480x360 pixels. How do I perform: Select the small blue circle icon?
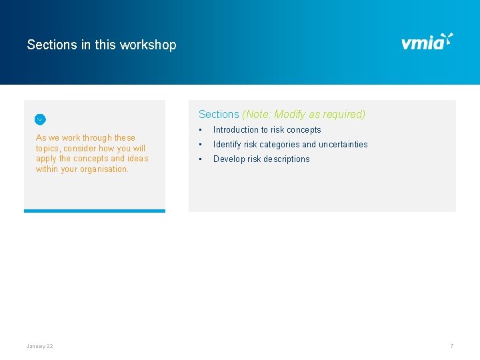pos(40,119)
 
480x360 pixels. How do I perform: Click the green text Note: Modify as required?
pos(304,115)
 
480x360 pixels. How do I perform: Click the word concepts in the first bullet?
pos(304,130)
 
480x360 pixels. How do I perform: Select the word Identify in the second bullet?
pos(227,145)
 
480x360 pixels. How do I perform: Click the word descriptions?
pos(286,159)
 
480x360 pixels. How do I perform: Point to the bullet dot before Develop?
pos(201,159)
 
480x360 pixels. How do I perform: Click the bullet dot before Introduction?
pos(201,130)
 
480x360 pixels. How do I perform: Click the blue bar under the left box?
pos(95,211)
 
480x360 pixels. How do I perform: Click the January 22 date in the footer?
pos(39,346)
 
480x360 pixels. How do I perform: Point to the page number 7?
pos(451,346)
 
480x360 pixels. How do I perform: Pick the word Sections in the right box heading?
pos(219,115)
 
